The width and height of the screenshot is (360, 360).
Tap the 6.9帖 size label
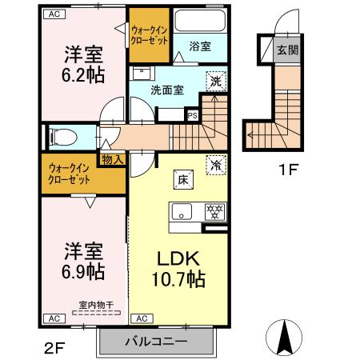coord(83,271)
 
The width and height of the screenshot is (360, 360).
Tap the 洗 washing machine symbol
coord(214,80)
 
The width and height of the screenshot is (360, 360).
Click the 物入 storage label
coord(112,160)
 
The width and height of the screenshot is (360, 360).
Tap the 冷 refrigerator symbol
coord(215,163)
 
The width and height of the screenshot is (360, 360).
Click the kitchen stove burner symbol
coord(214,212)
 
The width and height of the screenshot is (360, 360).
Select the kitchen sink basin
coord(182,212)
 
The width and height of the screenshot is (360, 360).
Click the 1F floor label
coord(287,170)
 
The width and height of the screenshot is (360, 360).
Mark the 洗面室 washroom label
coord(168,90)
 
